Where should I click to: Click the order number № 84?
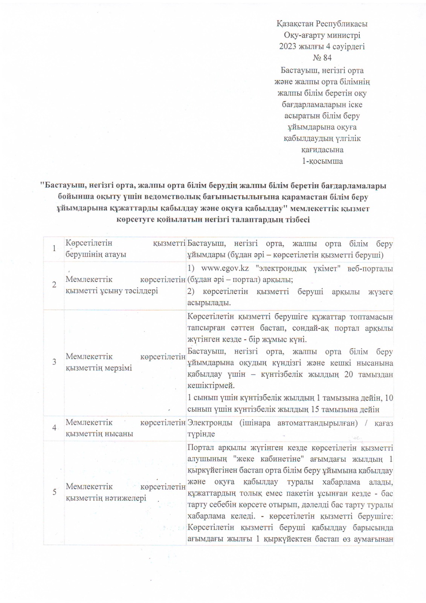tap(322, 58)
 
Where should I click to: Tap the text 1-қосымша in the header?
tap(322, 161)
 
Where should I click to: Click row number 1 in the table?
tap(54, 248)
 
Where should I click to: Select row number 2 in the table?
tap(54, 285)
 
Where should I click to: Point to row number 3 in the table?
tap(54, 361)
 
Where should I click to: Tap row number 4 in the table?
tap(54, 428)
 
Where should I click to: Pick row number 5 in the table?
tap(54, 492)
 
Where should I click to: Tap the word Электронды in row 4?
tap(210, 423)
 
